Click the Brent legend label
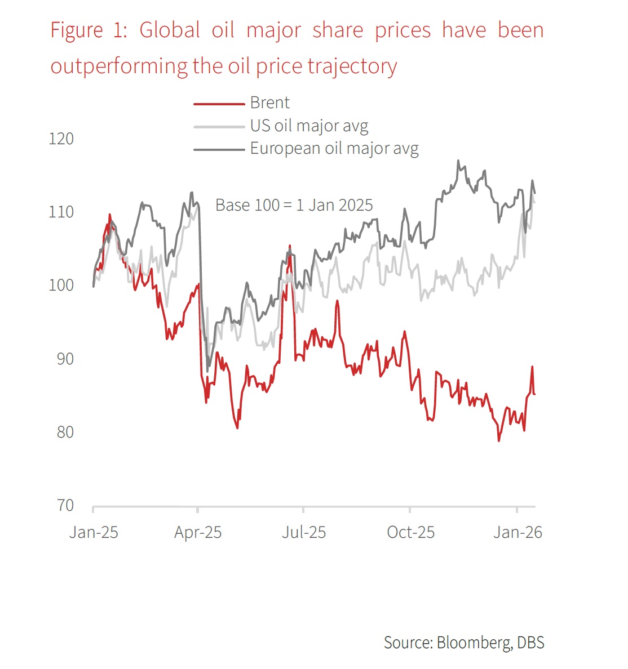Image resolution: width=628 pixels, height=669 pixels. [269, 103]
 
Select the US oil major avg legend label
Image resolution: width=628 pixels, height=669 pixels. [309, 126]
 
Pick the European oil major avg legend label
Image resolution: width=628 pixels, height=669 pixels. [334, 149]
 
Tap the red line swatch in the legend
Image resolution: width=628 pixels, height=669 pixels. [219, 104]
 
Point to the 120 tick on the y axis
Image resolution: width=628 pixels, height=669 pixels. [61, 139]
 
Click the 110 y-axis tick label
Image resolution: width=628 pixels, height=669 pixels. [61, 212]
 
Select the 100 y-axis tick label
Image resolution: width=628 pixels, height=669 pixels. [61, 285]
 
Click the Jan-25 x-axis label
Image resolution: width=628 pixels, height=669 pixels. [94, 532]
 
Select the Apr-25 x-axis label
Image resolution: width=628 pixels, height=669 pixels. [198, 532]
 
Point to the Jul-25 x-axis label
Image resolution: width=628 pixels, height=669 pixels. [304, 532]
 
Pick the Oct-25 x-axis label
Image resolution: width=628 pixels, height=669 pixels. [410, 532]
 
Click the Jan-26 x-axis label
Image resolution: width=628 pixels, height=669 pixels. [518, 532]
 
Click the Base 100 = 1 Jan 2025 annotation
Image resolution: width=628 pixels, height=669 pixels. [294, 205]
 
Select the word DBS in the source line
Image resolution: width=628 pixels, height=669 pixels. [530, 643]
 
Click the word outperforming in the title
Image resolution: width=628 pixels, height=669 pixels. [119, 66]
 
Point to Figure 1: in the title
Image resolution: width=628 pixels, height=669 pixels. [89, 30]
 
